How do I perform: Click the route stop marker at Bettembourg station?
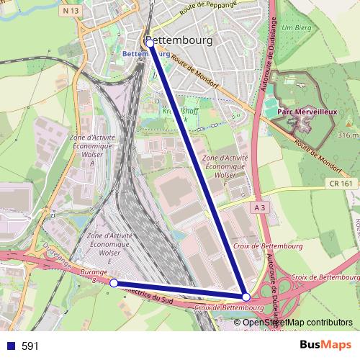point(150,43)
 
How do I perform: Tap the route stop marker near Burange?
point(113,283)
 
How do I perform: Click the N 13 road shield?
point(70,11)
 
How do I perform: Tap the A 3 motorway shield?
point(260,207)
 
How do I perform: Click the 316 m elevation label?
point(348,135)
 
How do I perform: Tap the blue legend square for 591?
point(9,346)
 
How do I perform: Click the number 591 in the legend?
point(30,346)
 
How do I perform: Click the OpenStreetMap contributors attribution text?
point(297,323)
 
